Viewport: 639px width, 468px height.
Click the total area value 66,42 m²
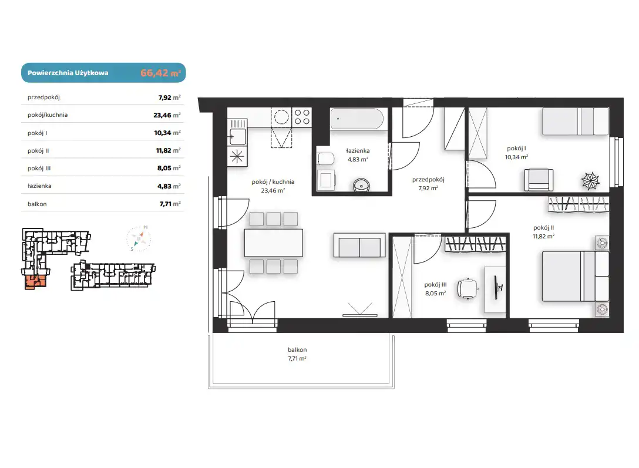tap(160, 73)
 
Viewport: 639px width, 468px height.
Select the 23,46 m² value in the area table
tap(167, 115)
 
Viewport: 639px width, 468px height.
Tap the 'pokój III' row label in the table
tap(39, 168)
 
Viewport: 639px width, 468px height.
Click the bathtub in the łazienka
tap(357, 119)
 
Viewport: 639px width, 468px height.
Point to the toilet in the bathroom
tap(325, 159)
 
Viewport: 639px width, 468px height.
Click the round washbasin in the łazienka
tap(361, 186)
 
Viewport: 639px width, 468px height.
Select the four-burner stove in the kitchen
tap(302, 117)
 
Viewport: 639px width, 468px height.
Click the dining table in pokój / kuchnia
tap(274, 243)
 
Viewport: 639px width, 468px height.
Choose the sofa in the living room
tap(359, 245)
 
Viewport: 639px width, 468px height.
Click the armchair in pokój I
tap(539, 180)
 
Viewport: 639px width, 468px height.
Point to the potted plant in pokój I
tap(590, 180)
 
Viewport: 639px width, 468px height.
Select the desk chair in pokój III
tap(468, 289)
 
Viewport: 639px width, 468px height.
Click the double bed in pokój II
tap(575, 276)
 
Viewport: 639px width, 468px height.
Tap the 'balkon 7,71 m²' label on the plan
tap(297, 354)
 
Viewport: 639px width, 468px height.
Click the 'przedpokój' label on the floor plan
tap(428, 180)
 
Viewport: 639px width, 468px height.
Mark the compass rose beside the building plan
tap(139, 238)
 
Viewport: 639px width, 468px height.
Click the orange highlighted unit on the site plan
tap(35, 281)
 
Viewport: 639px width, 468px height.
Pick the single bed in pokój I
tap(576, 122)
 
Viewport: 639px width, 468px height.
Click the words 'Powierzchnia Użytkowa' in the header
tap(68, 73)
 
